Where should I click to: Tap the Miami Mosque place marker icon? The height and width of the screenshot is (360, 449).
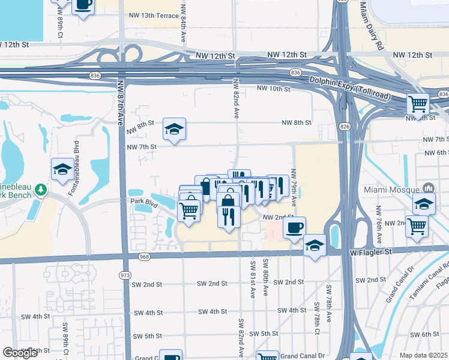pos(429,188)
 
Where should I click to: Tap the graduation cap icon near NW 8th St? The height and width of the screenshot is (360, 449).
pos(174,129)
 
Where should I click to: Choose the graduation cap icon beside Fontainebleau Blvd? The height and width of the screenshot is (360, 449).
pos(62,169)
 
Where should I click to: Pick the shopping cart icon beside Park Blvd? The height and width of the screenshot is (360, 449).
pos(189,211)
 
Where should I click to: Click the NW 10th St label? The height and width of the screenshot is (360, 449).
pos(273,89)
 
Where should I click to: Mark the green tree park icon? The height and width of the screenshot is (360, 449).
pos(41,190)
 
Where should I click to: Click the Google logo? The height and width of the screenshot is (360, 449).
pos(20,353)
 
